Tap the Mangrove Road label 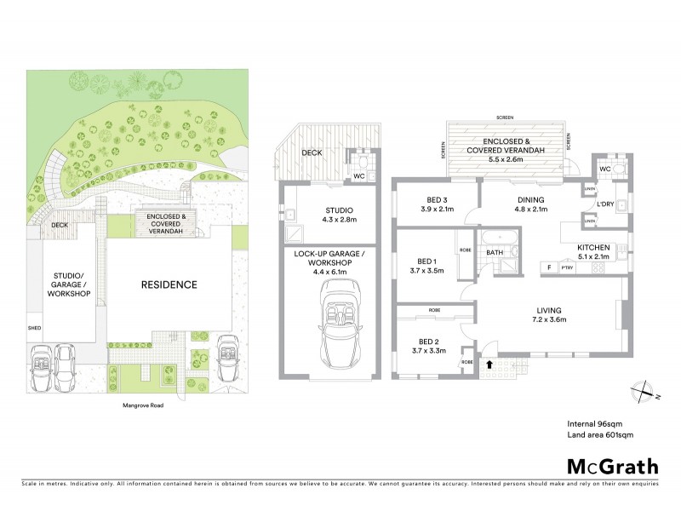[x=140, y=405]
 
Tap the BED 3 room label [x=438, y=201]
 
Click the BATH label [x=494, y=253]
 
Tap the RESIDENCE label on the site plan [x=169, y=284]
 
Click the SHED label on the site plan [x=35, y=327]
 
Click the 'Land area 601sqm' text [x=601, y=435]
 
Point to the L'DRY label [x=605, y=204]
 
